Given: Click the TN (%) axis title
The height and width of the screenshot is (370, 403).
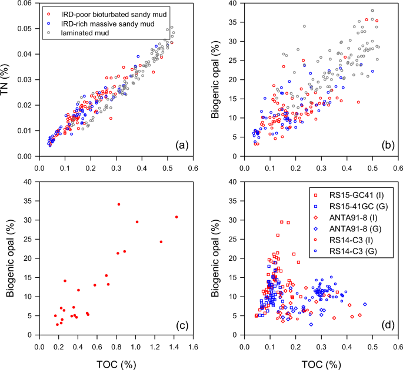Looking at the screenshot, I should pos(8,80).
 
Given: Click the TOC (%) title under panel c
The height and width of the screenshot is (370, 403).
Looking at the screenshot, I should pos(116,360).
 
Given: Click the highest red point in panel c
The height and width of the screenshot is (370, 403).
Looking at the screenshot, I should pos(118,204).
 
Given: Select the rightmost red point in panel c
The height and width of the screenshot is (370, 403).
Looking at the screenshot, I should pos(176,217).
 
